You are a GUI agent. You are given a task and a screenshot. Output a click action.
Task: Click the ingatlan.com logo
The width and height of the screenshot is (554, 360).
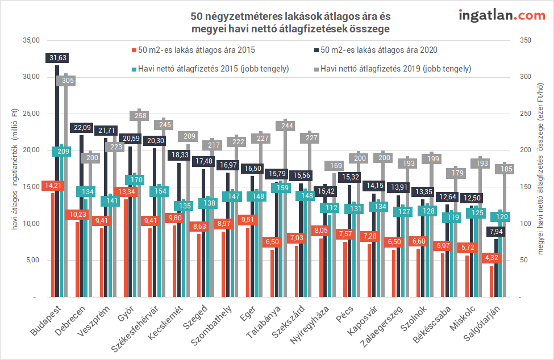(x=502, y=15)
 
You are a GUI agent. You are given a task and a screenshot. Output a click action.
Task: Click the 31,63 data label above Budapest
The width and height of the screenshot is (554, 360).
(x=57, y=58)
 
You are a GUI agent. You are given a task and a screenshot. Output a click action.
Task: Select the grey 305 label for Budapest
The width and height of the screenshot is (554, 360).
(x=66, y=81)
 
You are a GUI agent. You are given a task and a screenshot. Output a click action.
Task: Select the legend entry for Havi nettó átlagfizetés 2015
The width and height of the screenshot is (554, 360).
(x=210, y=69)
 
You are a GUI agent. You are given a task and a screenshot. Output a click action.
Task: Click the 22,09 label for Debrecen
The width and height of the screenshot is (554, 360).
(x=81, y=128)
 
